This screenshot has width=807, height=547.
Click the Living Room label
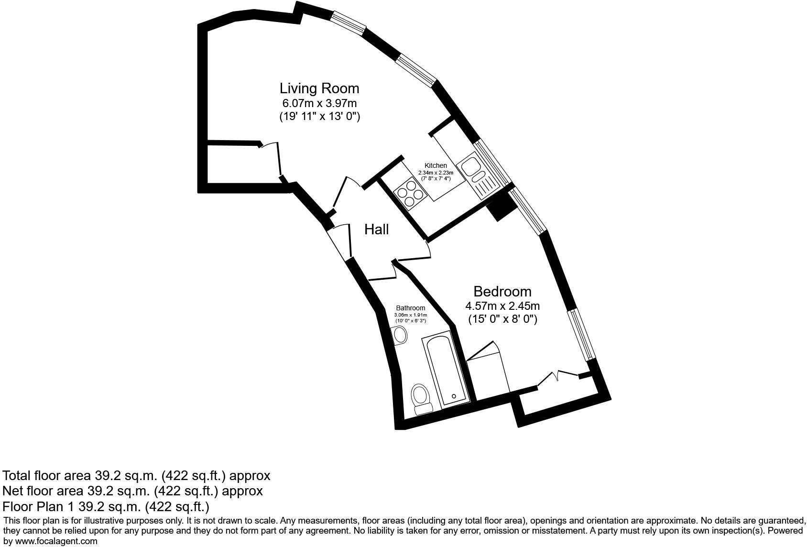coord(319,88)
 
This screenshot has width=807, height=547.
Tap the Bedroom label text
coord(502,291)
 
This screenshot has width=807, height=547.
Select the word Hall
coord(376,230)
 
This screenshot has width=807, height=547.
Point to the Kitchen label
coord(436,165)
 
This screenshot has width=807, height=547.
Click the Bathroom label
coord(410,308)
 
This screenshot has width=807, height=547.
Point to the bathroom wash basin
coord(400,335)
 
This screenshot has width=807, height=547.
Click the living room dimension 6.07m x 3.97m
coord(319,103)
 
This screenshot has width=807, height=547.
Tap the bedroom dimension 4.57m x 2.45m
coord(502,306)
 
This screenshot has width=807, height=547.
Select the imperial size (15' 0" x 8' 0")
coord(502,319)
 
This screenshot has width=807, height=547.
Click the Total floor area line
coord(136,476)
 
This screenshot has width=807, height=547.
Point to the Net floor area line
coord(132,491)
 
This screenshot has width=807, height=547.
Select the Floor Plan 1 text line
coord(106,506)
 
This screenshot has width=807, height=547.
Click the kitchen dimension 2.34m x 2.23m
coord(436,173)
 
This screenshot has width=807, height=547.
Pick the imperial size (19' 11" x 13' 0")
coord(319,116)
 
